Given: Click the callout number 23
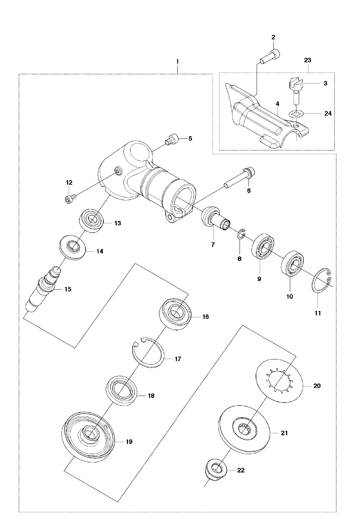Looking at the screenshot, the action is (308, 60).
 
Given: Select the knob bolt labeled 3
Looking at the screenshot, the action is (295, 91).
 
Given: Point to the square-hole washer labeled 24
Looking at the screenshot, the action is (296, 114).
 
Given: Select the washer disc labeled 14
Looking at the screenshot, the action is (73, 248).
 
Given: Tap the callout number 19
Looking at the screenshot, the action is (129, 441).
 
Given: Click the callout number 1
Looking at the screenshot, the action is (177, 62).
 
